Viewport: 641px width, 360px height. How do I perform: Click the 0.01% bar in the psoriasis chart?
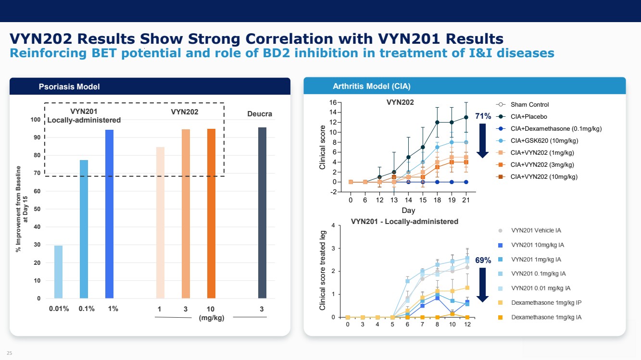click(58, 272)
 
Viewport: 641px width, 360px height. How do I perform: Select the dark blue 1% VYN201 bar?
click(110, 214)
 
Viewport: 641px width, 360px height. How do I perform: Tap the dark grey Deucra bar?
click(262, 212)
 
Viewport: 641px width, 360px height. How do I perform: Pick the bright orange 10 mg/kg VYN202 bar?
click(211, 213)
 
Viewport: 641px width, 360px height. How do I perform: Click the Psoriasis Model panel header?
click(69, 87)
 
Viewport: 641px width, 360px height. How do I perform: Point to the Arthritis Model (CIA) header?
click(371, 87)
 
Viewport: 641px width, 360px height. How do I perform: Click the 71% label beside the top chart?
click(483, 116)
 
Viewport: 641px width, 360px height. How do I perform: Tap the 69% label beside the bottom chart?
click(483, 261)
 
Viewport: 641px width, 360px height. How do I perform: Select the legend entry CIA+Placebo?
click(528, 117)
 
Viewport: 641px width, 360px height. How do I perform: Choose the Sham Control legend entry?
click(529, 105)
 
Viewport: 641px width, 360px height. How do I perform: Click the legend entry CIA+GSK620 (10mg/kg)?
click(544, 141)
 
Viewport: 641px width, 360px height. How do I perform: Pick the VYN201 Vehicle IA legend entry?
click(536, 231)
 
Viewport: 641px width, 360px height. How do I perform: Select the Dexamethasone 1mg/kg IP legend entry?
click(546, 303)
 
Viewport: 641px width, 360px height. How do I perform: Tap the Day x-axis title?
click(408, 211)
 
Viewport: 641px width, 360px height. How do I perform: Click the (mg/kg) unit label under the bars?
click(212, 318)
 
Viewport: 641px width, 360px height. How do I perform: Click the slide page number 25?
click(9, 353)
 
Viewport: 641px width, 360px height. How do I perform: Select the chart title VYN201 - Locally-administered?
click(404, 222)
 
